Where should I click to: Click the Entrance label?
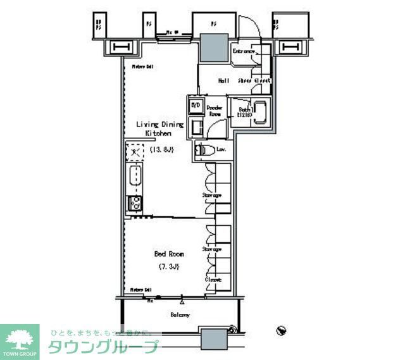tap(244, 51)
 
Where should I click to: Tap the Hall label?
tap(224, 80)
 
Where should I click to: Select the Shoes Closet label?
tap(255, 81)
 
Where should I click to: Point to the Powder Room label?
tap(215, 111)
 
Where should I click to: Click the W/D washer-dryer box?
tap(196, 105)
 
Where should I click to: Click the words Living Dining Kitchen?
tap(160, 129)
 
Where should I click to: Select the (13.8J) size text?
tap(161, 150)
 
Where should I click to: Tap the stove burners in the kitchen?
tap(134, 203)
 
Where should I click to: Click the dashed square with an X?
tap(134, 152)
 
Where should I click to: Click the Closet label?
tap(212, 280)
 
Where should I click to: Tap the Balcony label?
tap(180, 314)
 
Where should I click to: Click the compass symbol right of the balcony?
tap(282, 330)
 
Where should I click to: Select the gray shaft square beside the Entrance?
tap(214, 46)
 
